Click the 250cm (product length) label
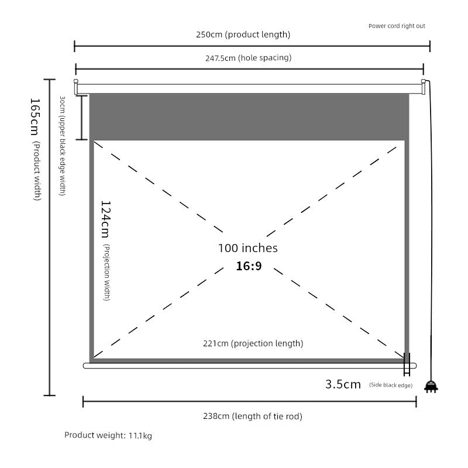243,35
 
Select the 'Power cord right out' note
397,26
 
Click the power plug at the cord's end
431,387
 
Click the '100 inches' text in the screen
247,248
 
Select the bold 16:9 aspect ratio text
249,266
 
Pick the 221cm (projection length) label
261,343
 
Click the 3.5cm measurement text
343,384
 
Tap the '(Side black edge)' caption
391,385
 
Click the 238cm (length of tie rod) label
253,417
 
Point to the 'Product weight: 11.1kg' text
108,435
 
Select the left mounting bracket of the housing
75,87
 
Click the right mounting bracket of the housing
423,87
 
